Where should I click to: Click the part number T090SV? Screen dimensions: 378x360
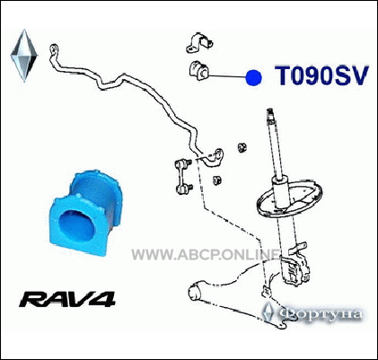[321, 75]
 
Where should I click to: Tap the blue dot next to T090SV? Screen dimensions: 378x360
[253, 78]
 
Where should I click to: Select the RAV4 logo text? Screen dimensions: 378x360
[67, 299]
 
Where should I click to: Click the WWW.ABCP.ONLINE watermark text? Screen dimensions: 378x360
[206, 255]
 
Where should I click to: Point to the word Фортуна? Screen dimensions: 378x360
[321, 314]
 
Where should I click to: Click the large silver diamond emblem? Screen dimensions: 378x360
[24, 56]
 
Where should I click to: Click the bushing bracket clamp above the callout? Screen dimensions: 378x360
[199, 42]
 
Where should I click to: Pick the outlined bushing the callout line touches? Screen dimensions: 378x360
[198, 71]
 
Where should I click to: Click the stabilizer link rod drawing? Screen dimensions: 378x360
[183, 176]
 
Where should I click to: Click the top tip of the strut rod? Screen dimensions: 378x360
[269, 110]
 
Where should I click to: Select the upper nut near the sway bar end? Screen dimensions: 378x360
[242, 147]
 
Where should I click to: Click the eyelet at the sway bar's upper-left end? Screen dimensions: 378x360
[54, 48]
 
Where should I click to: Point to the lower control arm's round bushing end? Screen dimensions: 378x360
[196, 291]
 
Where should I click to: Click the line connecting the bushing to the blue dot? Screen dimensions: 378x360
[226, 76]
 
